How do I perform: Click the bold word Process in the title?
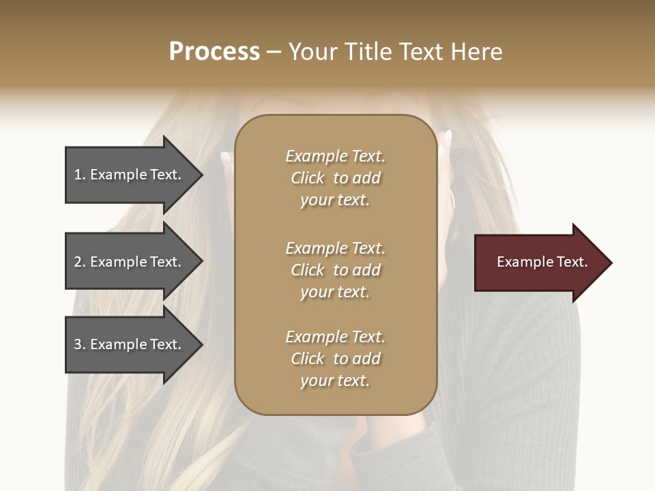point(214,52)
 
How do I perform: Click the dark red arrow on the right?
point(539,263)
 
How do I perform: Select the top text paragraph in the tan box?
point(335,178)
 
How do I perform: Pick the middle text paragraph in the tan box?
point(335,270)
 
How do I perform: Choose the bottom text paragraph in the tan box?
point(335,359)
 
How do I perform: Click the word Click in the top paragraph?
point(308,178)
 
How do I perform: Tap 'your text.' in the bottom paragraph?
point(335,381)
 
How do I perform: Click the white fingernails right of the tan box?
point(447,140)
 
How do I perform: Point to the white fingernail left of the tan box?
point(226,158)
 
